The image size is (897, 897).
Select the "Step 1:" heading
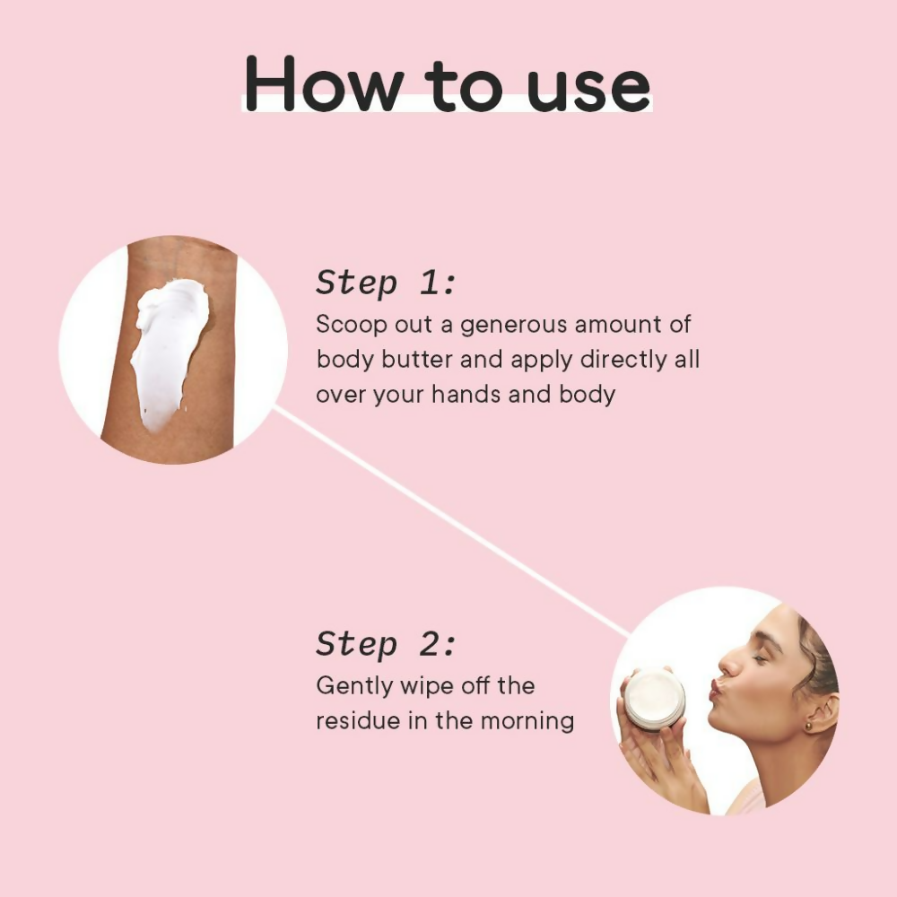pos(386,283)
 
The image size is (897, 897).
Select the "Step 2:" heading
pos(386,643)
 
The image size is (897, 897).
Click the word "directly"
pos(623,361)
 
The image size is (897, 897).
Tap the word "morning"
pos(527,722)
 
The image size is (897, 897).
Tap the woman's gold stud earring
pos(809,726)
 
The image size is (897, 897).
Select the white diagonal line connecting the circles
pos(451,521)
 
